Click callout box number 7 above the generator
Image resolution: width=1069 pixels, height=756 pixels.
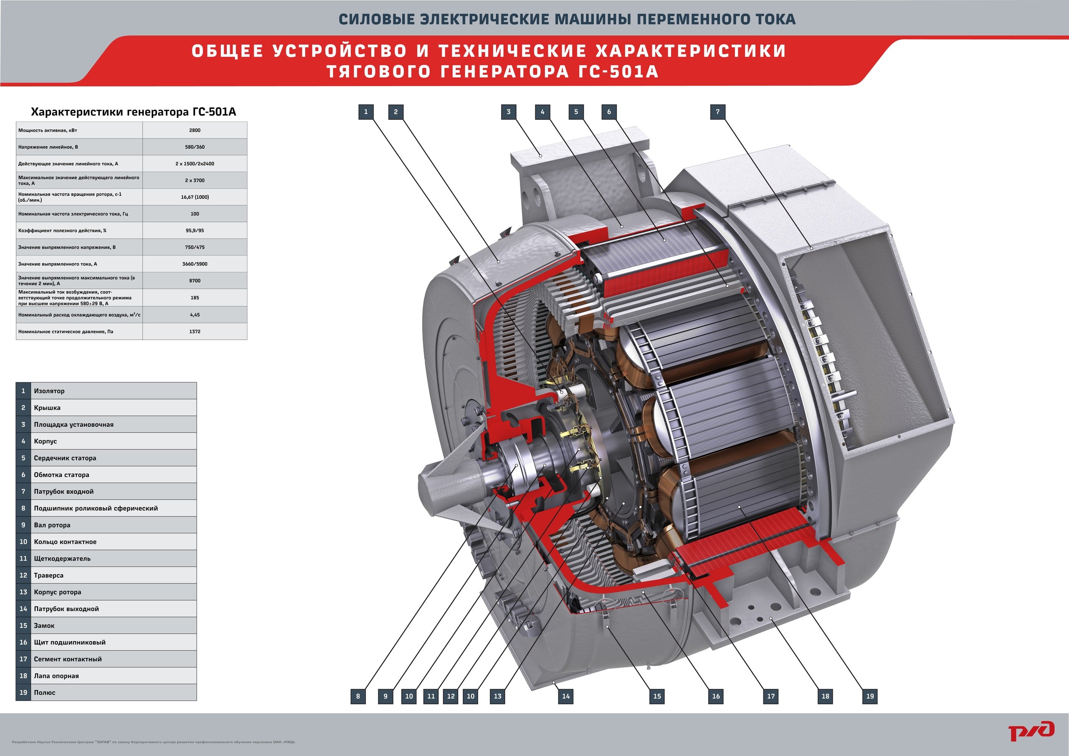717,112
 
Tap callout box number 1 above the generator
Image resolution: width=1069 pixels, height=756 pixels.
366,112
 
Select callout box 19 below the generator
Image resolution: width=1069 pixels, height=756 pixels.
870,696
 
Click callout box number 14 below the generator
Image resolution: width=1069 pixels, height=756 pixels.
566,696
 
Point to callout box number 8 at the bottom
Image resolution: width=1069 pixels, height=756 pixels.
358,696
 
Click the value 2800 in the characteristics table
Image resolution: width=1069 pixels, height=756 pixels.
195,130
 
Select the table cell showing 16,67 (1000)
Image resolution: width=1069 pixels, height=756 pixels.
195,197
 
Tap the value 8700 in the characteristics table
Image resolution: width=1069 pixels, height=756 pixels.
195,281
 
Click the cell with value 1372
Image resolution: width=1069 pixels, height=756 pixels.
195,332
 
